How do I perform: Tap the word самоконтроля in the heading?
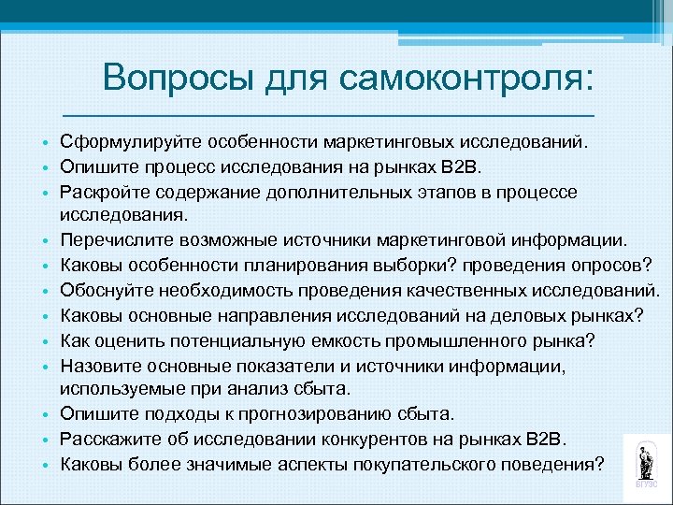pyautogui.click(x=466, y=77)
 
